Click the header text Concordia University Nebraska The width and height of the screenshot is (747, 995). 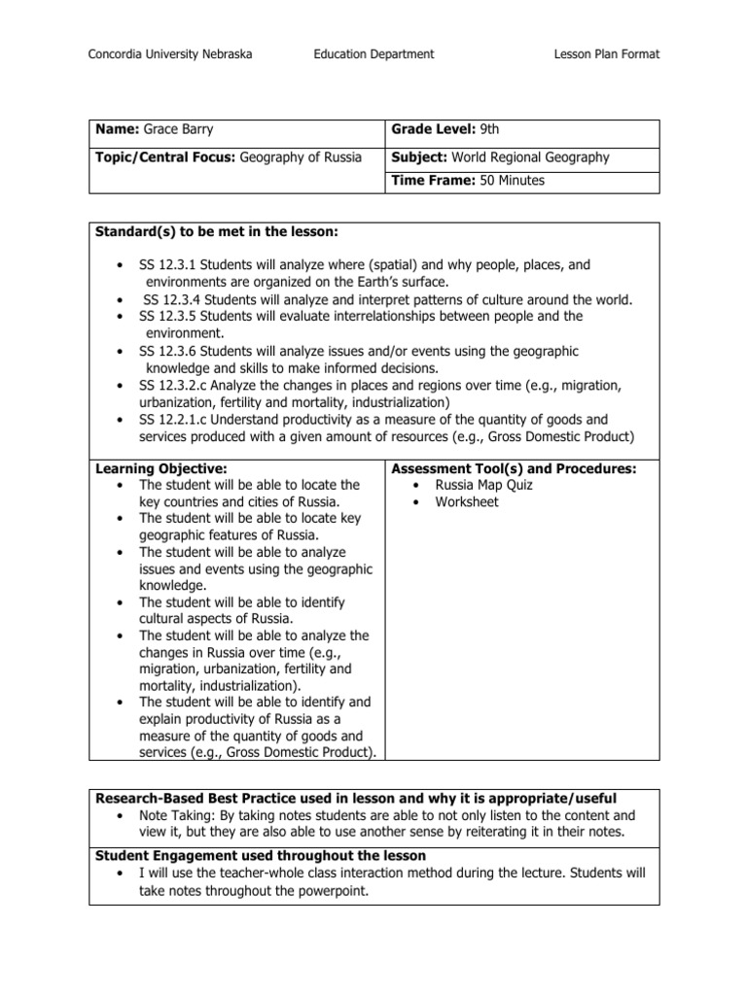[x=170, y=54]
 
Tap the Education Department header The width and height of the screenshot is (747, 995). [x=374, y=54]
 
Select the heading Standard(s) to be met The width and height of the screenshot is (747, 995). [x=216, y=231]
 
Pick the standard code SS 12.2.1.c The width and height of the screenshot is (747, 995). [x=177, y=419]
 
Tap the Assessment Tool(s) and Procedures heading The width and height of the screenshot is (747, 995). [x=513, y=468]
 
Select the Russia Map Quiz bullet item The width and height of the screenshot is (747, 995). [x=483, y=485]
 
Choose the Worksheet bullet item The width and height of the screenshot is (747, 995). [x=467, y=502]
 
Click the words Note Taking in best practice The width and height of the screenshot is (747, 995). [x=174, y=815]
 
